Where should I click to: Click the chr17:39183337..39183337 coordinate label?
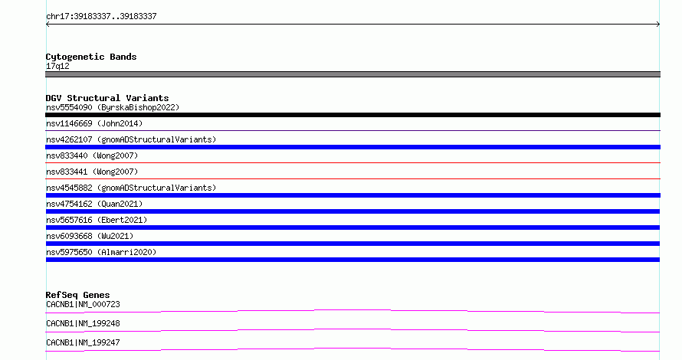pyautogui.click(x=101, y=17)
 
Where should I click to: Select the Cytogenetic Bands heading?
pyautogui.click(x=91, y=57)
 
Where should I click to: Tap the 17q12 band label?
pyautogui.click(x=57, y=66)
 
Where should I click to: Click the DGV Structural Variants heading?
pyautogui.click(x=107, y=98)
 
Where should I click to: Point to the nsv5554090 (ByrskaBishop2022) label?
pyautogui.click(x=113, y=107)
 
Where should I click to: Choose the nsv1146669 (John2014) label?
pyautogui.click(x=94, y=123)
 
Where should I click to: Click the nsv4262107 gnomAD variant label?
pyautogui.click(x=131, y=139)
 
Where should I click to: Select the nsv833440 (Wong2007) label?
pyautogui.click(x=92, y=155)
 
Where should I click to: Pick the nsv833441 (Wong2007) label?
pyautogui.click(x=92, y=172)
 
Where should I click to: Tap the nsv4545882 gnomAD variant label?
pyautogui.click(x=131, y=188)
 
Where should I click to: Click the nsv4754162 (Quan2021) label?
pyautogui.click(x=94, y=204)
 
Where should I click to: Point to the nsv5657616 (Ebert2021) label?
pyautogui.click(x=97, y=220)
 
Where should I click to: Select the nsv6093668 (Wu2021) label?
pyautogui.click(x=90, y=236)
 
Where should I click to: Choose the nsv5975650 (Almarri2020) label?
pyautogui.click(x=101, y=252)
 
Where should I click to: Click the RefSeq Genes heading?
pyautogui.click(x=77, y=295)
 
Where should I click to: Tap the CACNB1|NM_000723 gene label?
pyautogui.click(x=83, y=304)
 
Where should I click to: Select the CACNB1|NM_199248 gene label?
pyautogui.click(x=83, y=323)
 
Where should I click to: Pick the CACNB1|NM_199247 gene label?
pyautogui.click(x=83, y=342)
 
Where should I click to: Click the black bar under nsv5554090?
pyautogui.click(x=352, y=115)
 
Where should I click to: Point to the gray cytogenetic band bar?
pyautogui.click(x=352, y=74)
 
